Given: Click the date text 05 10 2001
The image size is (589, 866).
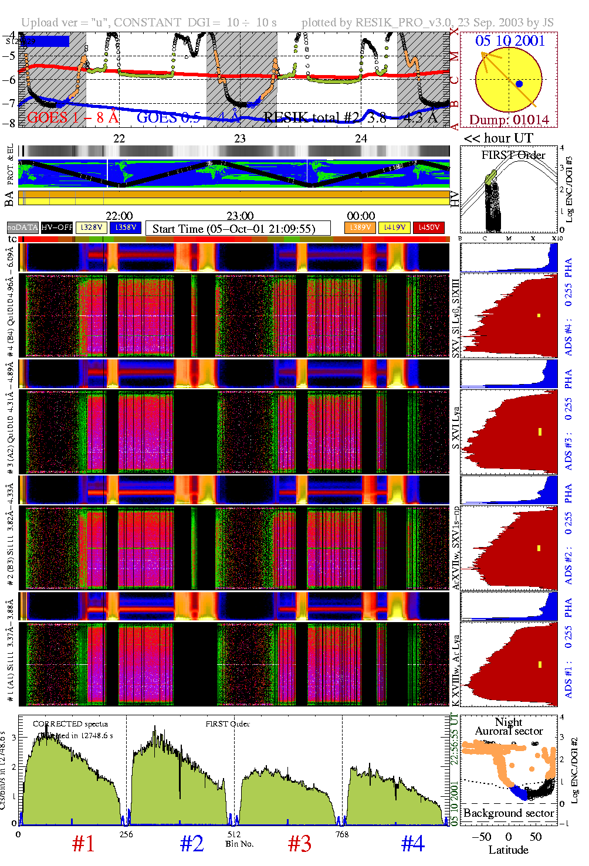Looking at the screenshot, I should click(510, 40).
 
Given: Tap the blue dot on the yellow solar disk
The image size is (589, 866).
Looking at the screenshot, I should click(519, 84).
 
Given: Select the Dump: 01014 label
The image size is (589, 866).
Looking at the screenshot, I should click(509, 120).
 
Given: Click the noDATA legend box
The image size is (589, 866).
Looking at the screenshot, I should click(23, 227).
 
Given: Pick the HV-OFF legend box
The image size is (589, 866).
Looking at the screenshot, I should click(57, 227).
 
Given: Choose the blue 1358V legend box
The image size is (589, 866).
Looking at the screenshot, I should click(126, 227).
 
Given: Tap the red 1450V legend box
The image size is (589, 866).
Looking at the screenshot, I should click(429, 227).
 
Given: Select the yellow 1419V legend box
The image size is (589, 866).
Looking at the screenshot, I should click(395, 227).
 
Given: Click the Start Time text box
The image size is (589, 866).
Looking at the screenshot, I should click(238, 229).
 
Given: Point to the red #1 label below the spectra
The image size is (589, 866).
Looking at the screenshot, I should click(83, 844).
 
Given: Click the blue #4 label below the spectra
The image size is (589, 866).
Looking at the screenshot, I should click(412, 844).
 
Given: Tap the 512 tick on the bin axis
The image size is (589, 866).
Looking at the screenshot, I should click(234, 834).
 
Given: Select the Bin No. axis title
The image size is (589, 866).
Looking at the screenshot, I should click(239, 844).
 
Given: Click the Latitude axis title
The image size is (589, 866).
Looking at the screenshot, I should click(508, 850).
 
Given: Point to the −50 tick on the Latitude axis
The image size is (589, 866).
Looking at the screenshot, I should click(480, 837).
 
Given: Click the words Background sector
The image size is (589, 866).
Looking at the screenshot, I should click(508, 813).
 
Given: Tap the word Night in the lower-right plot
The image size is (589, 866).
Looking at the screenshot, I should click(508, 722).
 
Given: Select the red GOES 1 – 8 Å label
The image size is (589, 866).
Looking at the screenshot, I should click(73, 117).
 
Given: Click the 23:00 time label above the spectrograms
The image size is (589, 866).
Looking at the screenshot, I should click(239, 216).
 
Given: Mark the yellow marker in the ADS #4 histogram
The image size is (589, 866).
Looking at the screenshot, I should click(539, 315).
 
